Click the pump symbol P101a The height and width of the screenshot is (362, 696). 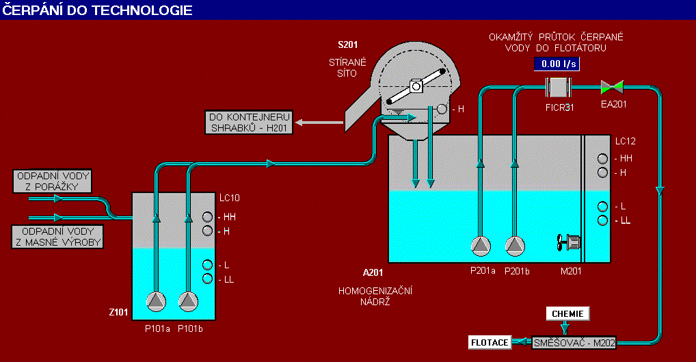click(x=157, y=300)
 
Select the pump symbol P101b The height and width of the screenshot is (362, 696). click(x=188, y=300)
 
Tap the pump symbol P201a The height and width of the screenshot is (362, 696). click(x=481, y=245)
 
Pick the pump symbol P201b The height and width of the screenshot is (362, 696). click(x=515, y=245)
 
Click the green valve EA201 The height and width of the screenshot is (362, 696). click(x=611, y=86)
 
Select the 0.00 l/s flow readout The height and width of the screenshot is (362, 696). click(x=556, y=64)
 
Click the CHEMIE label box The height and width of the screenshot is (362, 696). click(x=567, y=313)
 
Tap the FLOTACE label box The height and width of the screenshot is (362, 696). click(x=490, y=341)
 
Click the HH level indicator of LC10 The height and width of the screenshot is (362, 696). click(x=209, y=217)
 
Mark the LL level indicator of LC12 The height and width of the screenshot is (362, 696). click(x=602, y=220)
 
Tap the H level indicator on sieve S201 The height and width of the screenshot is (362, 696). click(x=442, y=109)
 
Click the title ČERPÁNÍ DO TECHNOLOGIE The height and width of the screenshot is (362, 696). click(x=98, y=10)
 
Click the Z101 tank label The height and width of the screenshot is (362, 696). click(x=120, y=312)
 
